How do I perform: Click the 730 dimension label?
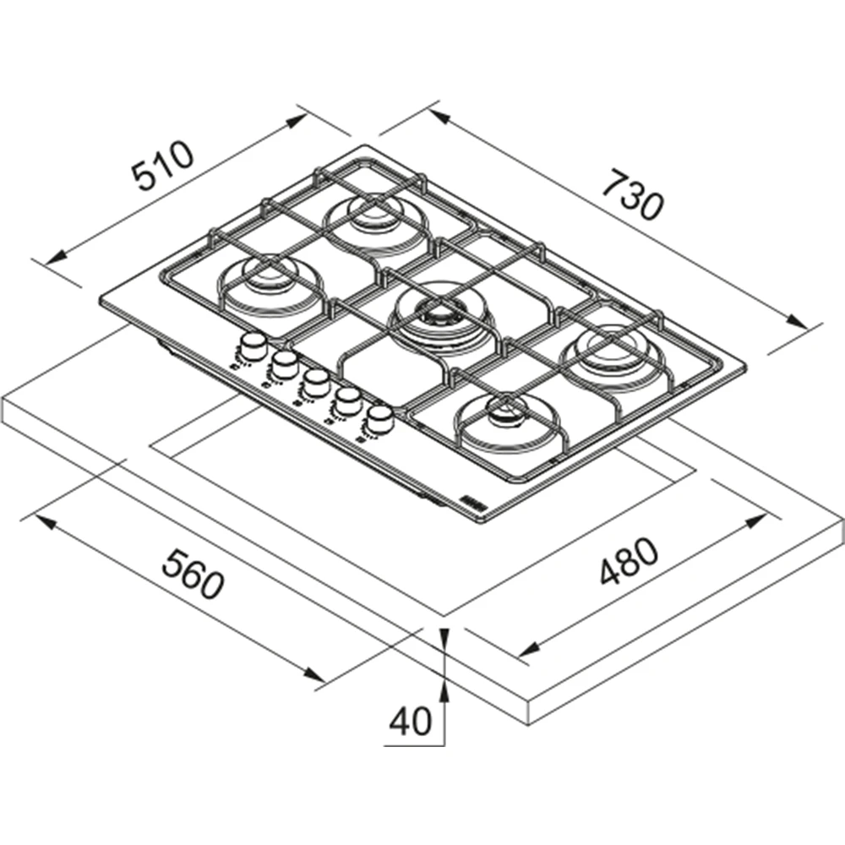point(631,195)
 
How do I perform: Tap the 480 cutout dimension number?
point(629,560)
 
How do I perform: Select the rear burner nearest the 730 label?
point(376,220)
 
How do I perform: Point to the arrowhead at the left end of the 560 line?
point(46,521)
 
